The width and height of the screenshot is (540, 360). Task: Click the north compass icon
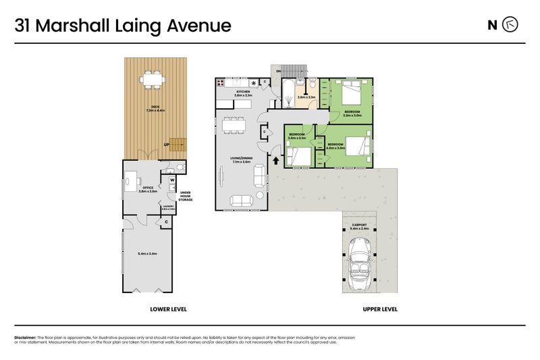pos(512,26)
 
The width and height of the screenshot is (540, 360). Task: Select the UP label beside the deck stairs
pos(165,145)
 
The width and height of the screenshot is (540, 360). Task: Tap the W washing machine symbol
pos(172,180)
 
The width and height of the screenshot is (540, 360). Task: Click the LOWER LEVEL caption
pos(168,309)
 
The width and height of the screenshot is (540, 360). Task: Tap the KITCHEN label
pos(243,92)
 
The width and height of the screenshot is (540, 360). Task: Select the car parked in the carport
pos(358,268)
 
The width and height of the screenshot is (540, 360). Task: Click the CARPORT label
pos(359,226)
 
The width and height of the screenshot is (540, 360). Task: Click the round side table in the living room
pos(260,196)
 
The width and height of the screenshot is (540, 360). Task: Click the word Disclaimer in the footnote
pos(25,337)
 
